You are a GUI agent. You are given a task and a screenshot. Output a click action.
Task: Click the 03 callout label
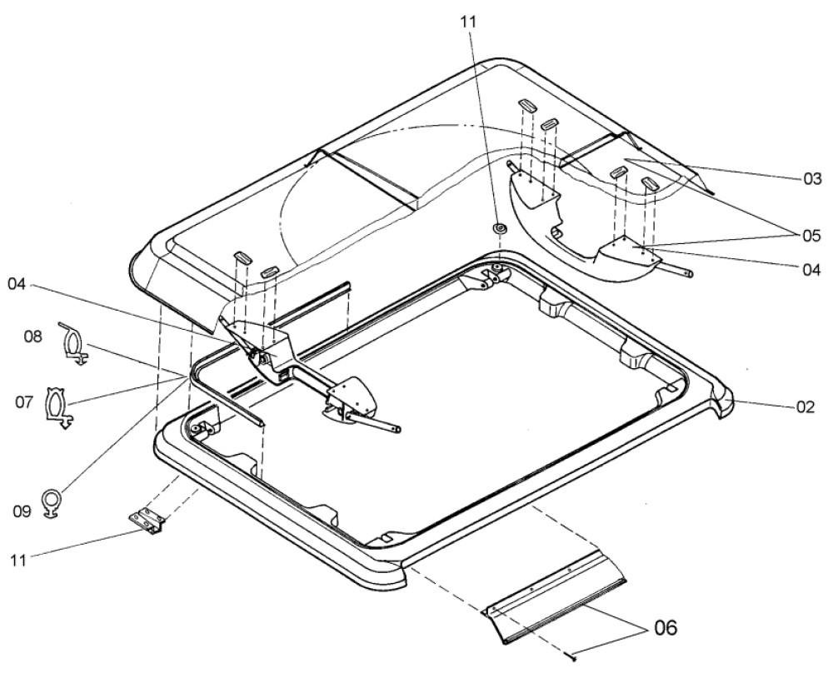pyautogui.click(x=811, y=178)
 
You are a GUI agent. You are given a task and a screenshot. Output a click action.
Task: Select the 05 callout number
pyautogui.click(x=811, y=236)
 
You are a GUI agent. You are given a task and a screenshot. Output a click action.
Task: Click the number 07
pyautogui.click(x=25, y=402)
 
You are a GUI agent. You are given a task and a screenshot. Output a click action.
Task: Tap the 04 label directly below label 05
pyautogui.click(x=811, y=270)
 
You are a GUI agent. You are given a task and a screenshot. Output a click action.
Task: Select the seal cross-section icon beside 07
pyautogui.click(x=56, y=406)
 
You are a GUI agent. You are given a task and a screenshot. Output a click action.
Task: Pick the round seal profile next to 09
pyautogui.click(x=52, y=502)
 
